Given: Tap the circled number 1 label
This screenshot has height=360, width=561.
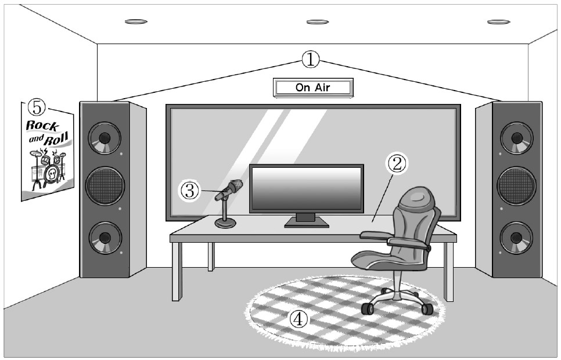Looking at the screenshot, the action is (311, 58).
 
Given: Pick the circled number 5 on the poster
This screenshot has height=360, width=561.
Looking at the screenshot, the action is (37, 107).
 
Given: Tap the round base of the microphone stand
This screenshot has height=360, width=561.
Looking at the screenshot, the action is (225, 223).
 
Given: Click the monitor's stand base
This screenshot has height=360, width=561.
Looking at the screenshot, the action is (306, 224).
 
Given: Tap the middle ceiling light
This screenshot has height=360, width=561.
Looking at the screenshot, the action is (318, 22).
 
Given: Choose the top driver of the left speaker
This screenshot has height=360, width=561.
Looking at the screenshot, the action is (105, 138).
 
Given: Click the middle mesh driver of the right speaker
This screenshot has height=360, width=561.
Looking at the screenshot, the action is (516, 186).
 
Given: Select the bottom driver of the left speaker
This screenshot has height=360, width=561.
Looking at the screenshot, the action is (105, 237).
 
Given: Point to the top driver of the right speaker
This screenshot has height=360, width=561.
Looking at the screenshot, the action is (516, 138).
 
